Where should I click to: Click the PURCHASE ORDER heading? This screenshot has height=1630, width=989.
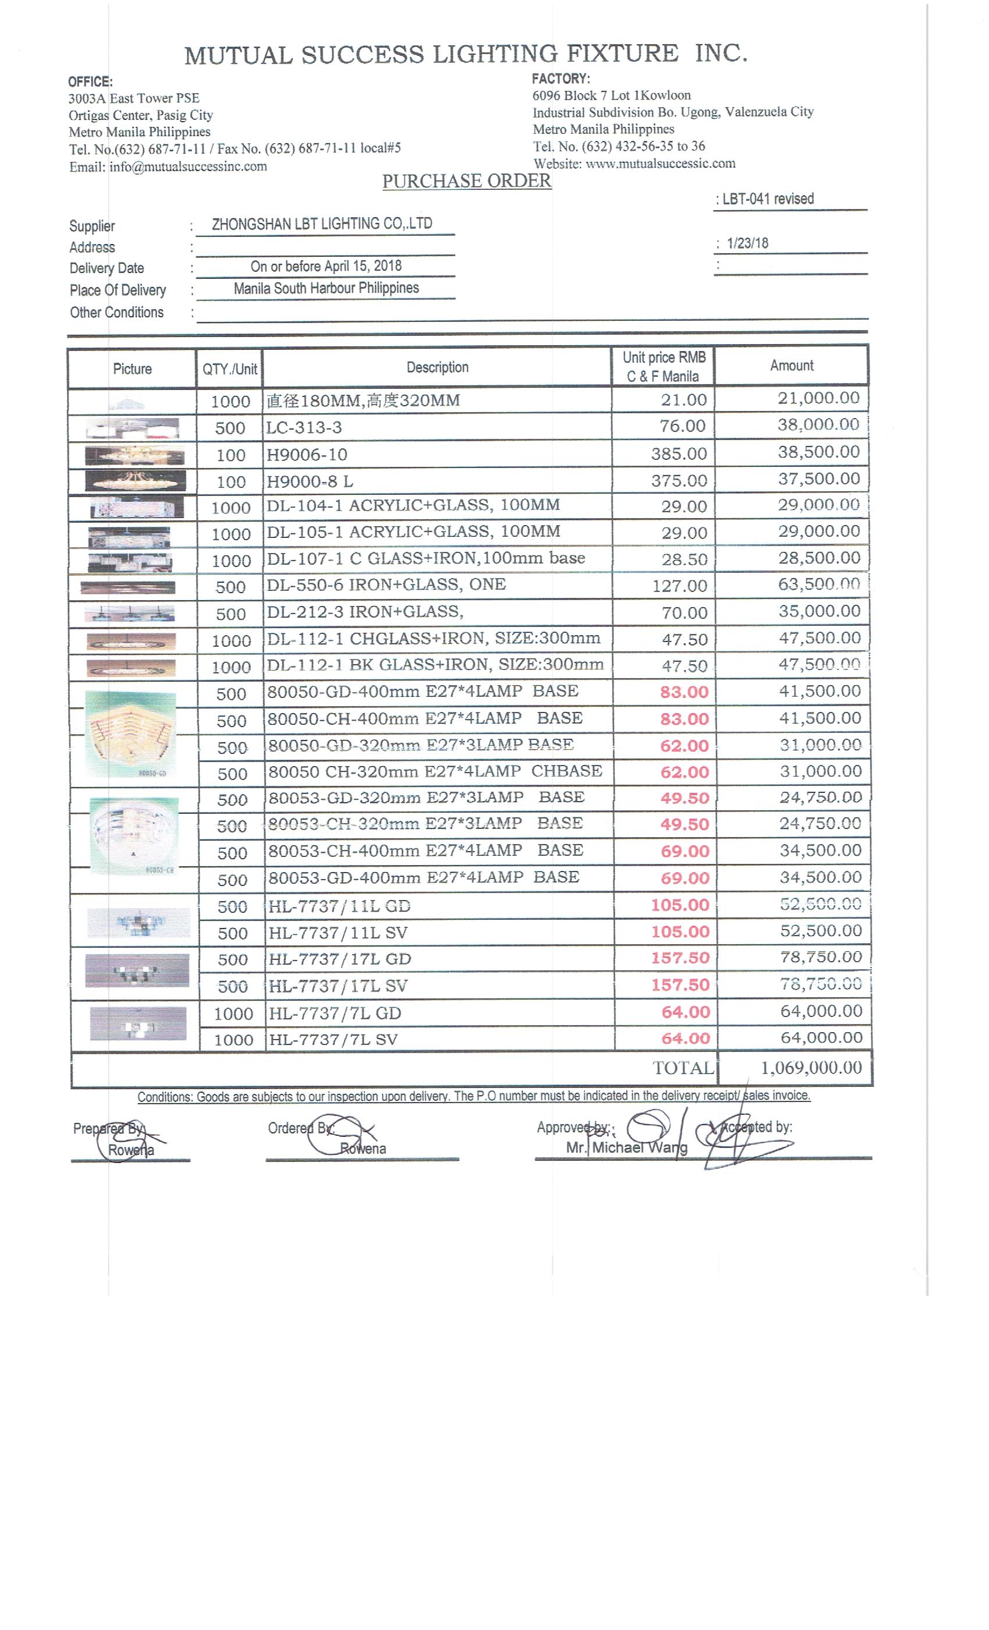(x=466, y=181)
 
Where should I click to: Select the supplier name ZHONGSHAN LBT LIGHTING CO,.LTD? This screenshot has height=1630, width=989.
(x=322, y=224)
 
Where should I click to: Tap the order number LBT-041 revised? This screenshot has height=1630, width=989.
(x=767, y=199)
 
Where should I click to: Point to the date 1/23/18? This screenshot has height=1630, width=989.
(x=748, y=243)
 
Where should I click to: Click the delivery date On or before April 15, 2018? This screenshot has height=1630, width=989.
(x=326, y=266)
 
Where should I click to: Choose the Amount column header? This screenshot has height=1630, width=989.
(x=791, y=365)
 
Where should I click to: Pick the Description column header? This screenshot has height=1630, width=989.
(x=437, y=367)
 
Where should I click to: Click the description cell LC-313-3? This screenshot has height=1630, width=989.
(x=304, y=427)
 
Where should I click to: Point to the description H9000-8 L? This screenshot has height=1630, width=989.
(x=309, y=481)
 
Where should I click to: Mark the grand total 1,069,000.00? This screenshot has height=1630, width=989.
(x=811, y=1068)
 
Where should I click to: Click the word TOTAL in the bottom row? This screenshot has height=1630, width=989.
(x=683, y=1068)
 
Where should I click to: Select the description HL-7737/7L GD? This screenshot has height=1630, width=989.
(x=334, y=1014)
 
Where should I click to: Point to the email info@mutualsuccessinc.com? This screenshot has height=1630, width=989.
(x=188, y=166)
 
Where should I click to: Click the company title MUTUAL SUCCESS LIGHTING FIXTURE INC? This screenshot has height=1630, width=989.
(x=465, y=54)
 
